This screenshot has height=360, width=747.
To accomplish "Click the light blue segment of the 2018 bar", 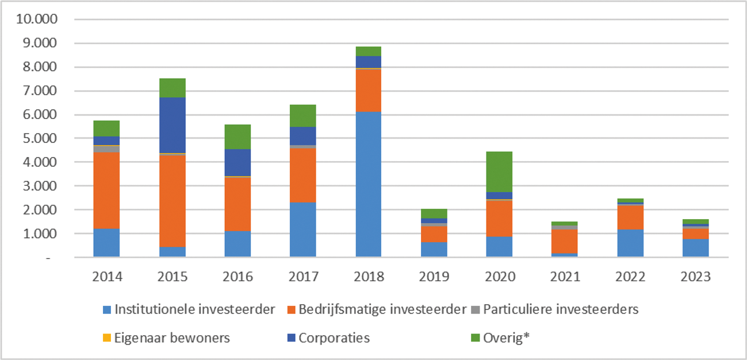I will click(368, 184).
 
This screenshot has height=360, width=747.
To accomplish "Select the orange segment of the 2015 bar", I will click(173, 201).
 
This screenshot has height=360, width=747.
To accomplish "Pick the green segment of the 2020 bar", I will click(500, 171).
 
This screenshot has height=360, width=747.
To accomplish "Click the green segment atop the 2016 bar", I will click(237, 137).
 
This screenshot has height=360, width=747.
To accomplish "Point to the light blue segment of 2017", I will click(302, 229).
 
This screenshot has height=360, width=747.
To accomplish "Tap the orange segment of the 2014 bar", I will click(106, 190).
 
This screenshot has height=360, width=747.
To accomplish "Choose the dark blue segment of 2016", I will click(237, 163).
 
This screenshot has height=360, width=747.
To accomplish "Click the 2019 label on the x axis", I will click(434, 277).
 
